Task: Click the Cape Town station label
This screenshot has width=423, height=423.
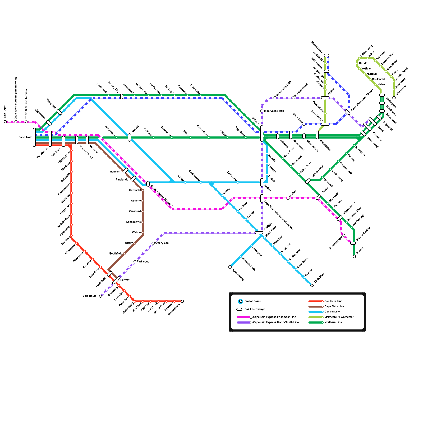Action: (x=25, y=137)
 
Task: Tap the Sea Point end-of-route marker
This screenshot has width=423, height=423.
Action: (x=5, y=122)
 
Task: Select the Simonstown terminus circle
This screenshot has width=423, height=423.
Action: (x=182, y=301)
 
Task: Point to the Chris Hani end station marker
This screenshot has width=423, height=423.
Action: (x=312, y=286)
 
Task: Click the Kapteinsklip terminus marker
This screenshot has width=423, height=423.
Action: (x=230, y=267)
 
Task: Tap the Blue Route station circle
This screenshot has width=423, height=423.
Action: (x=100, y=296)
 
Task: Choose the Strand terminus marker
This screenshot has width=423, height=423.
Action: (x=354, y=256)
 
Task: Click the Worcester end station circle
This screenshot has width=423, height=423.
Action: (x=394, y=98)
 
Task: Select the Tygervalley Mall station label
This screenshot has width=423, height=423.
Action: (x=273, y=111)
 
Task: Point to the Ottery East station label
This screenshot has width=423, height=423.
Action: (x=162, y=243)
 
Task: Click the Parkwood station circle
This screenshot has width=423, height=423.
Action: (x=135, y=262)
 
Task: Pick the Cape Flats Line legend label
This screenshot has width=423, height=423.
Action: (x=334, y=306)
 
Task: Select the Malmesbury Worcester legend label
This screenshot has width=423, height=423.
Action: (x=339, y=317)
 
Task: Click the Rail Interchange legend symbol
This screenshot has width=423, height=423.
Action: (x=239, y=309)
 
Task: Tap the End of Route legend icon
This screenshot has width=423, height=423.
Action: (x=241, y=301)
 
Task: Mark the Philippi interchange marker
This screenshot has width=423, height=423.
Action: (x=259, y=233)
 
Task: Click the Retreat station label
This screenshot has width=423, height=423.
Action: (x=125, y=280)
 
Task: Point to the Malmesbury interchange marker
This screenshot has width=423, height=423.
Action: (x=327, y=56)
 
